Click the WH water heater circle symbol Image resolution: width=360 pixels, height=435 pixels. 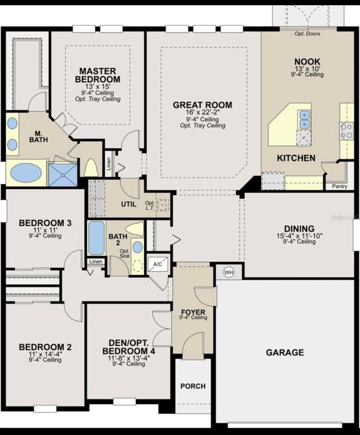[229, 272]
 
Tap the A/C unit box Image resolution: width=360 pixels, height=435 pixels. [158, 264]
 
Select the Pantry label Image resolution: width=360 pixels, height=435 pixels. [339, 186]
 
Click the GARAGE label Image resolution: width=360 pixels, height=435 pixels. [285, 352]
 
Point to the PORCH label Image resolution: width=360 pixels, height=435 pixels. [193, 386]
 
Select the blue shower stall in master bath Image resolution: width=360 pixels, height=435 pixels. [63, 175]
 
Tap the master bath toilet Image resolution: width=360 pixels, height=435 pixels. [91, 168]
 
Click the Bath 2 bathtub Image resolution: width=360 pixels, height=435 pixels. [96, 237]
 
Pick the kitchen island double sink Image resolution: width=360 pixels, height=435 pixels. [304, 120]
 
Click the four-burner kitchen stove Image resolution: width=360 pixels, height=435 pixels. [346, 131]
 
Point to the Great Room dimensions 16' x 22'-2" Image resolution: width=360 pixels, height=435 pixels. [202, 113]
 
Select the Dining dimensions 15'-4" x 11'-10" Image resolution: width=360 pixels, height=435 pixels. [299, 235]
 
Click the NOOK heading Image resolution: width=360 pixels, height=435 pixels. [307, 62]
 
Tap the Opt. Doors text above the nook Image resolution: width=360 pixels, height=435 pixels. [307, 34]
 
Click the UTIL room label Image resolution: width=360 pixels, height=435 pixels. [129, 204]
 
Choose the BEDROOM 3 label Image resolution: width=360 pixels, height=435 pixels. [45, 223]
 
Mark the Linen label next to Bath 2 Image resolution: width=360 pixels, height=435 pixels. [96, 261]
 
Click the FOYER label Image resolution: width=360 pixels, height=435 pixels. [193, 312]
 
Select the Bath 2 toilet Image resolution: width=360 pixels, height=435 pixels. [134, 229]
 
